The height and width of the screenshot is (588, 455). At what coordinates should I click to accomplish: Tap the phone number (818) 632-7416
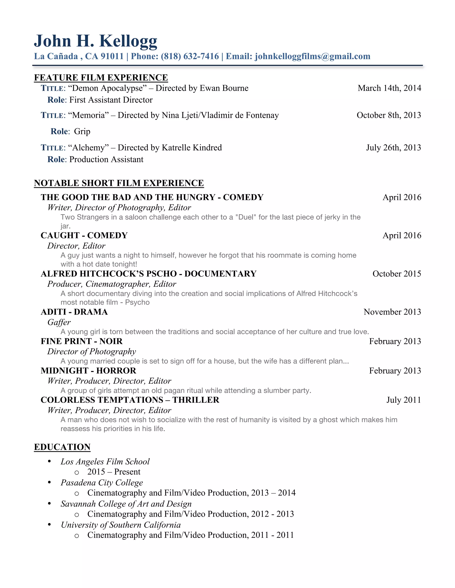coord(190,56)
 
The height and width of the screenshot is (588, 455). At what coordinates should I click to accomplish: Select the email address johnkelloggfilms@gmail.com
coord(312,56)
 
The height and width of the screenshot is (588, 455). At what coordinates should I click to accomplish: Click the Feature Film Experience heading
coord(101,77)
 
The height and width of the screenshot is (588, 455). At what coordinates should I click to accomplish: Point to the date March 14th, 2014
coord(389,88)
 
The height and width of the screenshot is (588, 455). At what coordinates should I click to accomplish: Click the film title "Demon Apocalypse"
coord(108,88)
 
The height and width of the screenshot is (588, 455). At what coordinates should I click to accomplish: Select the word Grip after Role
coord(82,131)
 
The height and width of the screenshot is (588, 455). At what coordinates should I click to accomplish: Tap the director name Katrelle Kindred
coord(192,148)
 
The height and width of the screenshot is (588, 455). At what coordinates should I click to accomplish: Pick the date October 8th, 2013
coord(389,115)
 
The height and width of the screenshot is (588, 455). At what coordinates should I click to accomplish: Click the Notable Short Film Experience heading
coord(119,183)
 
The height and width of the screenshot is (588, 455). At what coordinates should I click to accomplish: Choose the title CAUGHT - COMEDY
coord(84,235)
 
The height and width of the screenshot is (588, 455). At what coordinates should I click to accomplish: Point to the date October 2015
coord(397,274)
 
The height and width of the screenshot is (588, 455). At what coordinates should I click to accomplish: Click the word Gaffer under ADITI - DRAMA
coord(59,322)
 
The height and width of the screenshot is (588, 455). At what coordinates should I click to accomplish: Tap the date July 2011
coord(403,400)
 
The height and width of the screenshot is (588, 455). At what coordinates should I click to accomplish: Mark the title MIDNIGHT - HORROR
coord(88,371)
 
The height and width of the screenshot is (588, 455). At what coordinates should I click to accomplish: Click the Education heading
coord(62,447)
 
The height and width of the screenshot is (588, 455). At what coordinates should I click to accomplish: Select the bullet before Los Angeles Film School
coord(49,462)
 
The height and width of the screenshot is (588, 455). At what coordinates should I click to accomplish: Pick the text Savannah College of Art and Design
coord(126,504)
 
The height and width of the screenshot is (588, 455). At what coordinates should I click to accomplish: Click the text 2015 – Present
coord(114,472)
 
